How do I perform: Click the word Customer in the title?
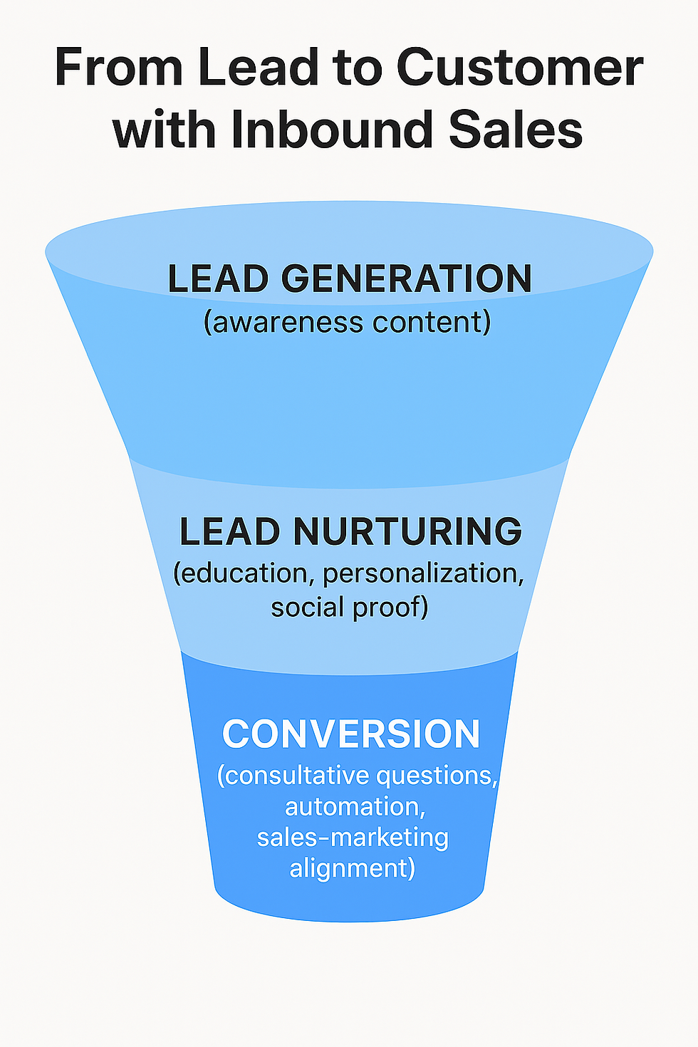click(519, 68)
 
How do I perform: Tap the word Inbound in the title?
click(332, 130)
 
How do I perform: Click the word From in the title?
click(116, 68)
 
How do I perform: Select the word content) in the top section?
click(432, 322)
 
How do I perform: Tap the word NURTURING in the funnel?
click(407, 531)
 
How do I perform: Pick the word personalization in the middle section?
click(424, 573)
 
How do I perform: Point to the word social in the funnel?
click(307, 607)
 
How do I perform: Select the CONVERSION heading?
click(350, 734)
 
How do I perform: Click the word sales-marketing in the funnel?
click(353, 838)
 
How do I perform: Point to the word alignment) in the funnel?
click(352, 869)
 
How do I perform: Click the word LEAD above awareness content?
click(219, 278)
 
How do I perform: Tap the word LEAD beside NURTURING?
click(229, 531)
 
